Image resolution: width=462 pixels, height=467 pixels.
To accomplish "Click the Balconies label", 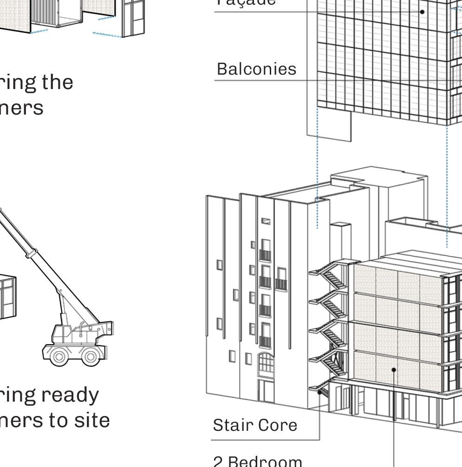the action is coord(256,69).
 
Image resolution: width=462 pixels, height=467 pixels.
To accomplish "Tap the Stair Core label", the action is coord(254,425).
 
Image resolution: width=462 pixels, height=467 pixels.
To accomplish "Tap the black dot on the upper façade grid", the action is coord(422,12).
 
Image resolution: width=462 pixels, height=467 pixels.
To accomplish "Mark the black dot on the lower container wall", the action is coord(394,370).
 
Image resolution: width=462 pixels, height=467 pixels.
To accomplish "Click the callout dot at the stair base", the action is coord(319,392).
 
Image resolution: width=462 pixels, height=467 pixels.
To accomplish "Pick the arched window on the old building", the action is coord(266,363).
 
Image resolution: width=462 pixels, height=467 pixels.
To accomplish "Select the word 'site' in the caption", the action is coord(93,420).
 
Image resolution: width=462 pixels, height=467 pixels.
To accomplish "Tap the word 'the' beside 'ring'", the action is coord(57,82).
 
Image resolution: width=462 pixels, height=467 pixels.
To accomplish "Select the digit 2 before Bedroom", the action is coord(218,461).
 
